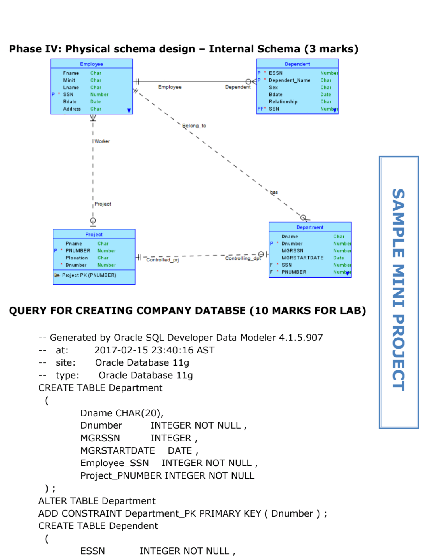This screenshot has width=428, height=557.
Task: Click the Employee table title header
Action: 92,64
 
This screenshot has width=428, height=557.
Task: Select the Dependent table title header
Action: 297,64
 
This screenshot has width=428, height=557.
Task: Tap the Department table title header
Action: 310,227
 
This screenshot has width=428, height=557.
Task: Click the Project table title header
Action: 94,234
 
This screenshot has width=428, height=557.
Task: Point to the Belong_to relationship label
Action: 194,126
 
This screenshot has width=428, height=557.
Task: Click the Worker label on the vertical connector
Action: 102,141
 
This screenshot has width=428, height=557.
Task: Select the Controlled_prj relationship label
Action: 162,260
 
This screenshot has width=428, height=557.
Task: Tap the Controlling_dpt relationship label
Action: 243,258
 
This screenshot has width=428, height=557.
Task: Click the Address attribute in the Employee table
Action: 72,109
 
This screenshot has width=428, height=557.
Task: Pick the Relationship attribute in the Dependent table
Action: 283,101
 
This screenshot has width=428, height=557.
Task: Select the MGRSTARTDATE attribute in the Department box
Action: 302,258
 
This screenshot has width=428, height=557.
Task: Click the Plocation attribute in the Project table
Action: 76,258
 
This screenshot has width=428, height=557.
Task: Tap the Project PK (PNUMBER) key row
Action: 89,275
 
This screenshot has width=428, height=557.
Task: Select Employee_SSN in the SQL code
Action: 115,463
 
